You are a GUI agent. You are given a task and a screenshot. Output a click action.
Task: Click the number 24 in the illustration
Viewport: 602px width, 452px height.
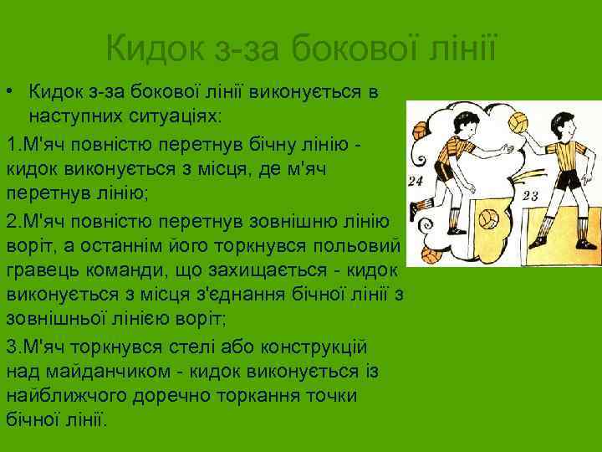pos(416,181)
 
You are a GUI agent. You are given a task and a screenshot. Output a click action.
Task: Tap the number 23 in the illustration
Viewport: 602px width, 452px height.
pos(529,196)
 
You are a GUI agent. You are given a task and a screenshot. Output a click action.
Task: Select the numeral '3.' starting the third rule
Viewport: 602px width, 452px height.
pos(13,347)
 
